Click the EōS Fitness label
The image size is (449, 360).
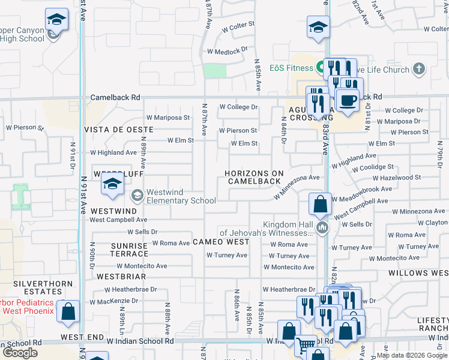tap(292, 67)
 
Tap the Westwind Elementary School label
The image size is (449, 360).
tap(181, 196)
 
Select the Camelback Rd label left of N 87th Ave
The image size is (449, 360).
tap(115, 97)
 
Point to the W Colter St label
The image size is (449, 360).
tap(238, 26)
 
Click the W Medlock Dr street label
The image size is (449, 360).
tap(227, 52)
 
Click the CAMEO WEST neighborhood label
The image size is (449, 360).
tap(221, 242)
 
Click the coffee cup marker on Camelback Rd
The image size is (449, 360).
tap(347, 100)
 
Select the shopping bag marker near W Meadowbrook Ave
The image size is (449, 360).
tap(321, 204)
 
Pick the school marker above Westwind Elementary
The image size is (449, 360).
tap(112, 186)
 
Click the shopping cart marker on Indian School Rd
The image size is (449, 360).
tap(306, 346)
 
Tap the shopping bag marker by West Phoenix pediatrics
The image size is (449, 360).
tap(69, 311)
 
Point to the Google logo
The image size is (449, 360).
tap(20, 353)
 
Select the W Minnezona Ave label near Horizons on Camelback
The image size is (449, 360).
tap(297, 187)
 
